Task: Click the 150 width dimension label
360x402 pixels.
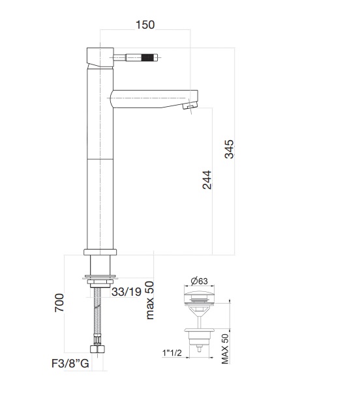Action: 145,25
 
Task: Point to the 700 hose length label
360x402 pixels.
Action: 59,303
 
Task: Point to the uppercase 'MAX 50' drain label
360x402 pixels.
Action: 225,351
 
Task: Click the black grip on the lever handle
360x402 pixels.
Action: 149,57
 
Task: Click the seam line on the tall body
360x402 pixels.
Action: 100,159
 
